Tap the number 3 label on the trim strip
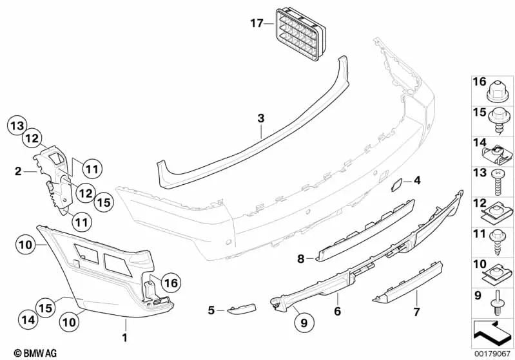pyautogui.click(x=260, y=118)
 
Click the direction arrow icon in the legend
pyautogui.click(x=492, y=330)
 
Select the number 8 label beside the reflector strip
pyautogui.click(x=300, y=259)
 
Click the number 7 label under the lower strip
pyautogui.click(x=416, y=312)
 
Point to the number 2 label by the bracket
pyautogui.click(x=19, y=171)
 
